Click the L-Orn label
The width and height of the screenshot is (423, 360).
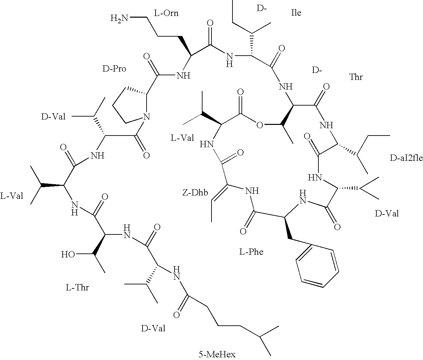click(x=166, y=13)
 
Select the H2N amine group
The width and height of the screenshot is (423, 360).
click(x=120, y=18)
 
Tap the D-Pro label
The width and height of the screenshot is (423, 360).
click(x=114, y=69)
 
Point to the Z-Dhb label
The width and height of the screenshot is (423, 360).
click(x=195, y=192)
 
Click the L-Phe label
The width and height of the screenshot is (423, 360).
click(x=251, y=252)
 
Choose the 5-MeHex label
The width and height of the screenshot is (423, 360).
click(x=217, y=354)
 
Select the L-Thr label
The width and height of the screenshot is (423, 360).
click(x=77, y=287)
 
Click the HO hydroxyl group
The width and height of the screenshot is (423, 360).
click(x=68, y=255)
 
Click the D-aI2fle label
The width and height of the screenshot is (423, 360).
click(x=406, y=158)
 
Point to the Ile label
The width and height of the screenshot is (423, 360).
click(x=296, y=13)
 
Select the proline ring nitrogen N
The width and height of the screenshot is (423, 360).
click(x=146, y=117)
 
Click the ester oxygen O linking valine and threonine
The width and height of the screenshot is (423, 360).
click(x=260, y=125)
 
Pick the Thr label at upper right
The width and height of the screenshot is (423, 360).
click(x=356, y=77)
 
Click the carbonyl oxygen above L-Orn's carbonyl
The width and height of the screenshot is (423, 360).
click(x=210, y=23)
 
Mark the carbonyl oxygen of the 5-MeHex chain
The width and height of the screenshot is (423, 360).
click(x=177, y=315)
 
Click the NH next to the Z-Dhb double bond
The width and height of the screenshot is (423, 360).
click(x=252, y=191)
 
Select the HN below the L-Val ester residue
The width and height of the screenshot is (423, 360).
click(x=207, y=144)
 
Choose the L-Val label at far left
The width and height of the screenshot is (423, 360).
click(x=12, y=196)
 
